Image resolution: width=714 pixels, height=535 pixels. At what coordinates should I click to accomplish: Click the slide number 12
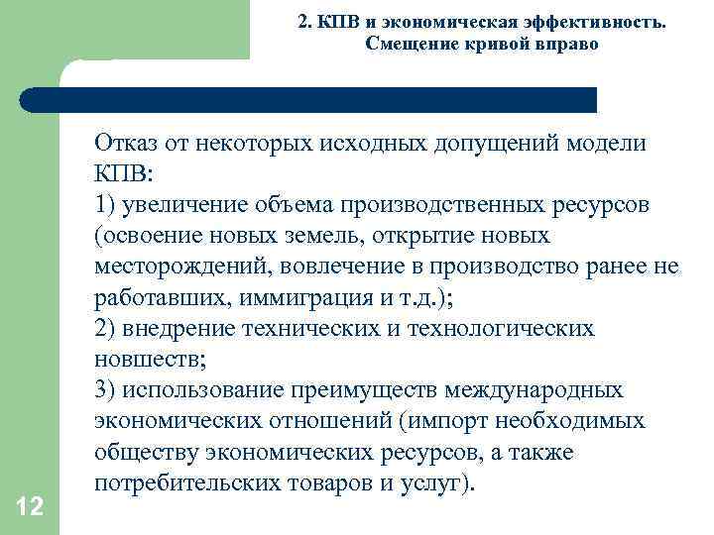tap(30, 507)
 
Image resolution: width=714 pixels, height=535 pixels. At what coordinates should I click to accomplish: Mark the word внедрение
tap(182, 329)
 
